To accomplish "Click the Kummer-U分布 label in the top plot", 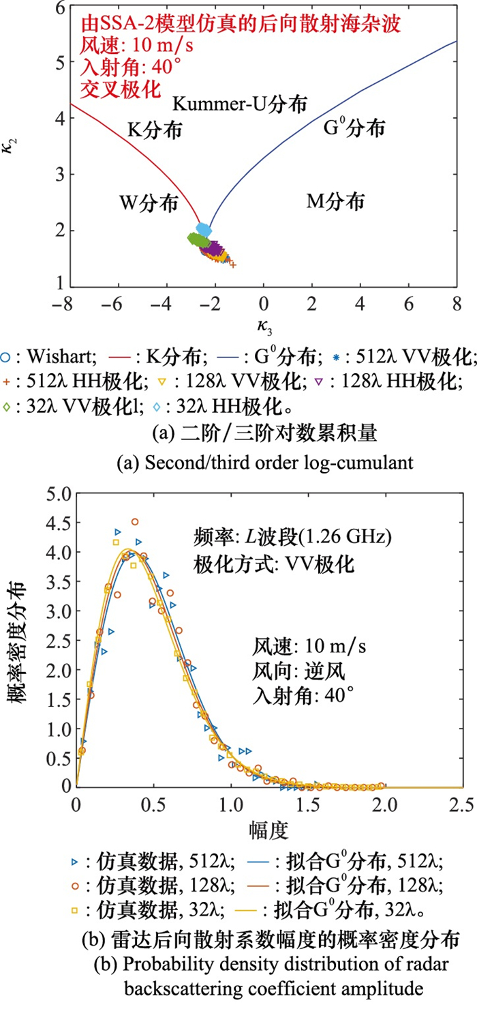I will [x=239, y=104].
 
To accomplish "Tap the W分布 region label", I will [x=149, y=203].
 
